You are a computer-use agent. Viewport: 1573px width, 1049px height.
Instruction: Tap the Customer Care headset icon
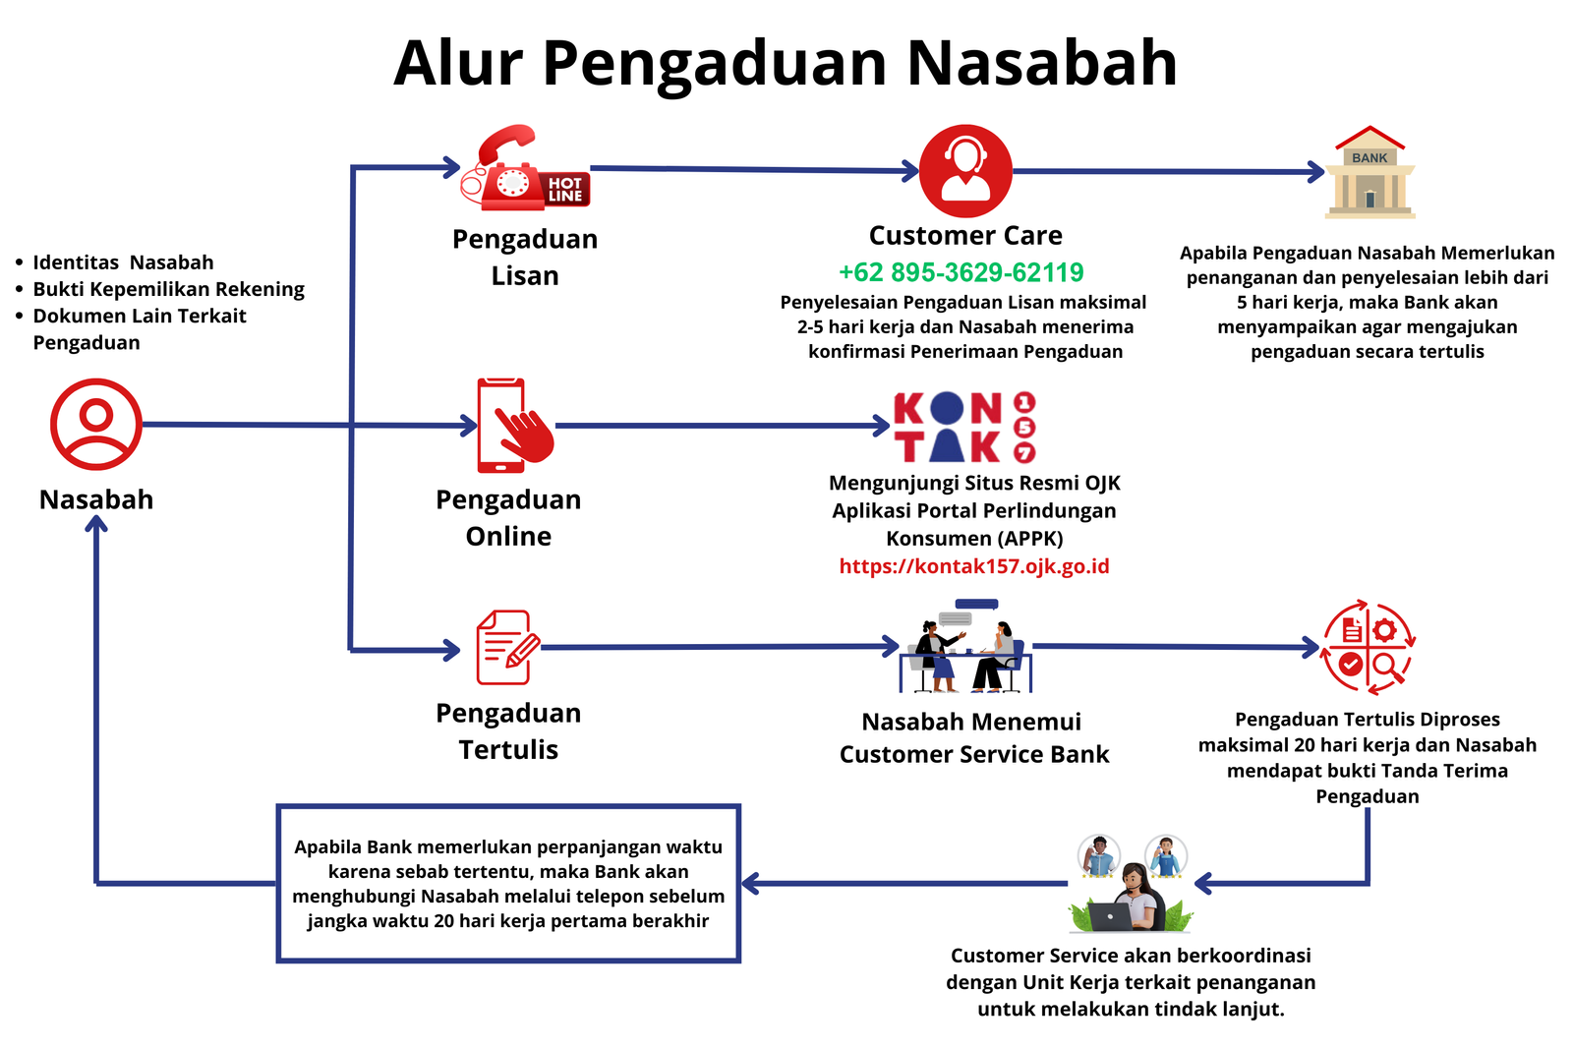(x=965, y=171)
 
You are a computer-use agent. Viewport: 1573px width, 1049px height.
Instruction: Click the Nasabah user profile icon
(x=96, y=425)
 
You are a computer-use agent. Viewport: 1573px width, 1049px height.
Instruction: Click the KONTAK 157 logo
(x=963, y=427)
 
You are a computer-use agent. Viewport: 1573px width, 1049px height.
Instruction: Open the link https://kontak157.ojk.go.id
(x=973, y=566)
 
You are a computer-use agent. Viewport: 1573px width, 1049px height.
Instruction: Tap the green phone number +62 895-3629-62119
(x=961, y=272)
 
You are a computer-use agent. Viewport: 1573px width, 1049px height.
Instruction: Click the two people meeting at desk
(x=965, y=649)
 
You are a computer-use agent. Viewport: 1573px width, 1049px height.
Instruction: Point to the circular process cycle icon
(x=1367, y=647)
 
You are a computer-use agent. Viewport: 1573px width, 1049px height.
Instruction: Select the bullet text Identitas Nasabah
(x=123, y=262)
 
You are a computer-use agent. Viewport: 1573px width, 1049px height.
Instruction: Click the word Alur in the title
(x=458, y=63)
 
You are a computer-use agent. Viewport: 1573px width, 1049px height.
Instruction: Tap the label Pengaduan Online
(x=508, y=518)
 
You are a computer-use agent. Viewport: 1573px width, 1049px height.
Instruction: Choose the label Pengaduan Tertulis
(x=508, y=731)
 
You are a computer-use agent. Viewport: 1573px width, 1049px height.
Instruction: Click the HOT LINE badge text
(x=565, y=190)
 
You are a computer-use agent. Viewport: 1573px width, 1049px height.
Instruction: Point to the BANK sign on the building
(x=1369, y=157)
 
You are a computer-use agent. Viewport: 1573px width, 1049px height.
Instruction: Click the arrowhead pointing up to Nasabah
(x=96, y=525)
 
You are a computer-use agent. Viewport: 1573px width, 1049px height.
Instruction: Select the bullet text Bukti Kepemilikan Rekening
(x=168, y=289)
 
